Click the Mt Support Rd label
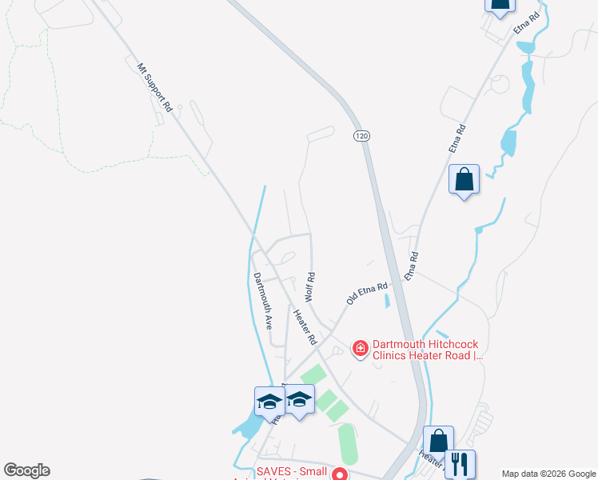[155, 88]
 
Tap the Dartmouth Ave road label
[263, 301]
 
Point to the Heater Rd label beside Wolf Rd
[304, 327]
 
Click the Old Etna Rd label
[367, 293]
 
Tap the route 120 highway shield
[362, 137]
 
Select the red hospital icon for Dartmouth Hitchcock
[360, 347]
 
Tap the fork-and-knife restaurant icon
[459, 463]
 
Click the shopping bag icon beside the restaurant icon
[438, 441]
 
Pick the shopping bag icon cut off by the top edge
[500, 5]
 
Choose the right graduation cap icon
[299, 401]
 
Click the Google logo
[26, 470]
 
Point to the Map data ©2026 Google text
[548, 474]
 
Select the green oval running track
[348, 444]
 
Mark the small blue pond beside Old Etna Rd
[388, 302]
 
